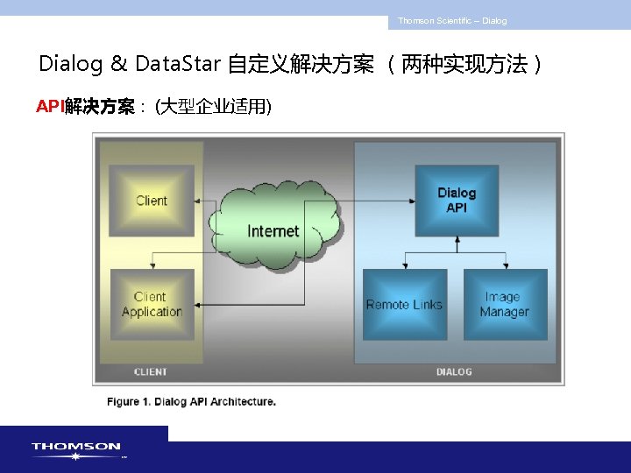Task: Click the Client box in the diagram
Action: click(152, 200)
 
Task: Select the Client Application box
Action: click(152, 304)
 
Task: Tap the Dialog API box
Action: click(457, 200)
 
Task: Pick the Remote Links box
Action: click(404, 304)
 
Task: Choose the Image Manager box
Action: click(505, 304)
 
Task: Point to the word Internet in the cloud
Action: click(273, 231)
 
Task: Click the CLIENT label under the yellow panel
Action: click(151, 371)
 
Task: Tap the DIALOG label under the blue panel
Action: click(454, 371)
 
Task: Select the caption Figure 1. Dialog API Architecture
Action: click(192, 402)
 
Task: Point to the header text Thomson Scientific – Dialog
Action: click(452, 21)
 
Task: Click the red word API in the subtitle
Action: click(49, 107)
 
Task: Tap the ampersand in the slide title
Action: click(118, 64)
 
